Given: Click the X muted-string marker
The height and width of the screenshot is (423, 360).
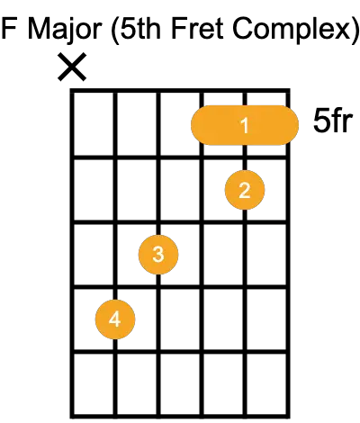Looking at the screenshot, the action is coord(72,67).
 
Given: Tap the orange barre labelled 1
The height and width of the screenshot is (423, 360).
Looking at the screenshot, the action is coord(245,125).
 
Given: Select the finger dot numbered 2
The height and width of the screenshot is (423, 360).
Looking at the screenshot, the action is coord(245,190).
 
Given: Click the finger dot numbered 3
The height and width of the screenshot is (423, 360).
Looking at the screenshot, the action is coord(158,255).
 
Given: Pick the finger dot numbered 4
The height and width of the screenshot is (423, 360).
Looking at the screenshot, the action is coord(115,319).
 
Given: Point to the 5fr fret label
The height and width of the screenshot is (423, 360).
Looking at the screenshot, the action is coord(332,121).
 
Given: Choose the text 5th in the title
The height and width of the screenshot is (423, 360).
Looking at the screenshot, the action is coord(141,28).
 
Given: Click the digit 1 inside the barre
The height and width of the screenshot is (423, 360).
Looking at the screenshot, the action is coord(245,125).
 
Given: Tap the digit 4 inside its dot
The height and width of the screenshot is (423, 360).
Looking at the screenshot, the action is coord(115,319).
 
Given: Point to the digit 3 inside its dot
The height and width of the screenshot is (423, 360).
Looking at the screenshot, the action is coord(158,255).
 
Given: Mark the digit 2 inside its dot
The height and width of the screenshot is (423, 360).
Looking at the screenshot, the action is coord(245,190).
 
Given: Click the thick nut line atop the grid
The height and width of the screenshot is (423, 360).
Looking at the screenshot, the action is coord(180,91).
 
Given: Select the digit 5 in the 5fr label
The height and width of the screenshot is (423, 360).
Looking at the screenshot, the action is coord(321,121).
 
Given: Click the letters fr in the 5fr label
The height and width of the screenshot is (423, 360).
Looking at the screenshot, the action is coord(341,120).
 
